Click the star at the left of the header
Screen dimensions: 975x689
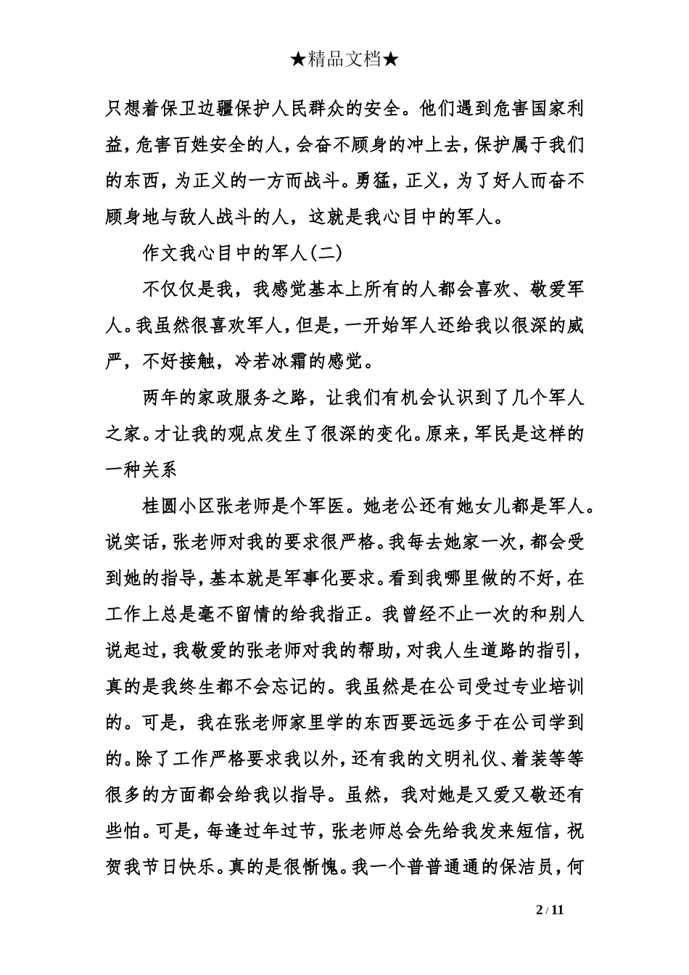click(298, 60)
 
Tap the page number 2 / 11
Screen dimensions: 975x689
click(549, 910)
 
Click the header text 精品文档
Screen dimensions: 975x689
click(344, 60)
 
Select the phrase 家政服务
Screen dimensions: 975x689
click(249, 398)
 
